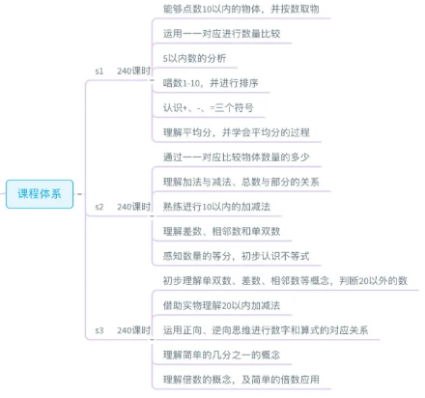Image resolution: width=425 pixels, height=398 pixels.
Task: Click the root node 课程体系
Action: [x=40, y=194]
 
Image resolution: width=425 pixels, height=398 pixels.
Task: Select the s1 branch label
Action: [x=99, y=71]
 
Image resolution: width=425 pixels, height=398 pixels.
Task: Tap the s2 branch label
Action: [x=99, y=207]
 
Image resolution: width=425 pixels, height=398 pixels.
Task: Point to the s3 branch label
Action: [x=99, y=330]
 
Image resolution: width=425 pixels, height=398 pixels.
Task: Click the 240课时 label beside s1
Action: [x=133, y=71]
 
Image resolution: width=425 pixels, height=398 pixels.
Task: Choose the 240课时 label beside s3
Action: [x=133, y=330]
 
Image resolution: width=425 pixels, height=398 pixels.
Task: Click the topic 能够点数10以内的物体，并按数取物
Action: [x=241, y=9]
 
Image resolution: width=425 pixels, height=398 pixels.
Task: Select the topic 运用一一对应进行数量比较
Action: [x=221, y=34]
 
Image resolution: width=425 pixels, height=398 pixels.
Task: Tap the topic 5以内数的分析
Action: [x=194, y=58]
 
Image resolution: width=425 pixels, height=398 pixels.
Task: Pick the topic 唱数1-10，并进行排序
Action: [x=211, y=83]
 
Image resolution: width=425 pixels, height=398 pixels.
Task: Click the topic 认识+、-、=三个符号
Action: [x=208, y=107]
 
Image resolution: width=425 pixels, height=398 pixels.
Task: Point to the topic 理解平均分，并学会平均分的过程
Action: [x=237, y=132]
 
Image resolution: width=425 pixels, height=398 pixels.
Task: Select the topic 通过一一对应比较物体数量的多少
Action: [x=237, y=157]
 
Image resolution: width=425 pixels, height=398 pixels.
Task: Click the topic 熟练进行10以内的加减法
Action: [x=216, y=207]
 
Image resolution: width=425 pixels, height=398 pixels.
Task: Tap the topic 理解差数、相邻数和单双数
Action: [x=221, y=231]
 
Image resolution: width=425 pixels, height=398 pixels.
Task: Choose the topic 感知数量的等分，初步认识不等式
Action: [x=237, y=256]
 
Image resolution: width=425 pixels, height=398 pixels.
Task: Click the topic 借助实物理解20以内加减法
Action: [x=221, y=305]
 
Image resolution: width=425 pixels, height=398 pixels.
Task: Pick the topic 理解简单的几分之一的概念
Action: [x=221, y=355]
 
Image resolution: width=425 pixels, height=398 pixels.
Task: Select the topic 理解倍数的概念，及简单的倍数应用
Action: [x=241, y=380]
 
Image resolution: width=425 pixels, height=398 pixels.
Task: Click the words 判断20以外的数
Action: [x=374, y=281]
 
